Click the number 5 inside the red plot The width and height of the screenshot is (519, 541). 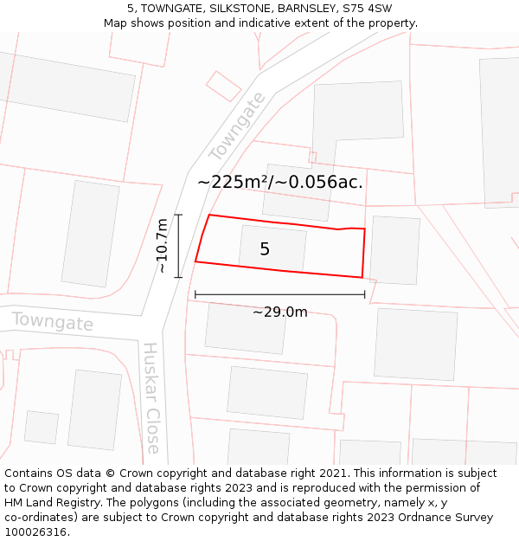pos(265,249)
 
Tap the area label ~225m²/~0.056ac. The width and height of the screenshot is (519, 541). pos(279,182)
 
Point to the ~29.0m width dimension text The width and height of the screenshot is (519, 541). pos(279,312)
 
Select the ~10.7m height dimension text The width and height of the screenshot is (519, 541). pos(162,246)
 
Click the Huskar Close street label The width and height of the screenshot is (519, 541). pos(151,397)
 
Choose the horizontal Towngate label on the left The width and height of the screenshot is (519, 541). pos(52,322)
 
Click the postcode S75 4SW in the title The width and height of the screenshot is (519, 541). pos(367,9)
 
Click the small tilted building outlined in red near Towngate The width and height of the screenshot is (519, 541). pos(223,86)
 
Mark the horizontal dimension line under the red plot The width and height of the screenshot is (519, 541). pos(279,294)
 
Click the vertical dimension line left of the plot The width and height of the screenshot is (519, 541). pos(178,246)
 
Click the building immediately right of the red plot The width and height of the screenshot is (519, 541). pos(394,250)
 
